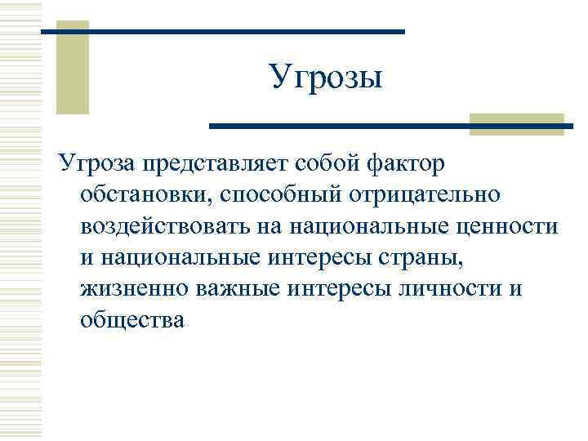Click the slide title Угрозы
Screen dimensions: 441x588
coord(325,78)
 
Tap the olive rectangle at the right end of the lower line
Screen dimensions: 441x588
coord(517,124)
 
